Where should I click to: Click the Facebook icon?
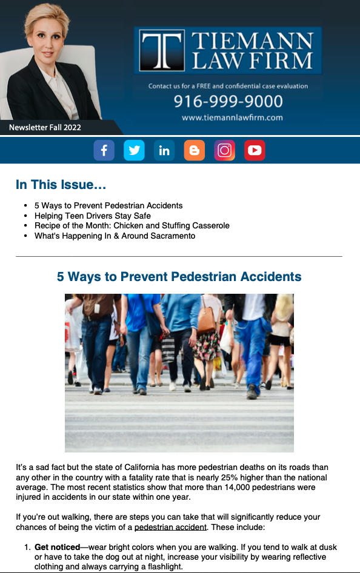pyautogui.click(x=104, y=150)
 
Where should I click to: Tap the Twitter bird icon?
pyautogui.click(x=134, y=150)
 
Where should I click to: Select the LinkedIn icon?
pyautogui.click(x=164, y=150)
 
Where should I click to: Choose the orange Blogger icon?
pyautogui.click(x=195, y=150)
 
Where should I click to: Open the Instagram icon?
pyautogui.click(x=225, y=150)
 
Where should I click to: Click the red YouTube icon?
pyautogui.click(x=255, y=150)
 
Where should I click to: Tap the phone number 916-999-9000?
pyautogui.click(x=228, y=101)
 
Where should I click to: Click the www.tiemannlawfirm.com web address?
pyautogui.click(x=232, y=118)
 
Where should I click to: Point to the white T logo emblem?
pyautogui.click(x=162, y=50)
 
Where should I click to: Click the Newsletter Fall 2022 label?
pyautogui.click(x=45, y=127)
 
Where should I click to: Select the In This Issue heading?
pyautogui.click(x=61, y=185)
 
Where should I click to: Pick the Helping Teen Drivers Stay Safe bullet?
pyautogui.click(x=92, y=216)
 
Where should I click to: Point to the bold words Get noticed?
pyautogui.click(x=57, y=547)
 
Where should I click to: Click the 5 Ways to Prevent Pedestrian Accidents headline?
pyautogui.click(x=179, y=277)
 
